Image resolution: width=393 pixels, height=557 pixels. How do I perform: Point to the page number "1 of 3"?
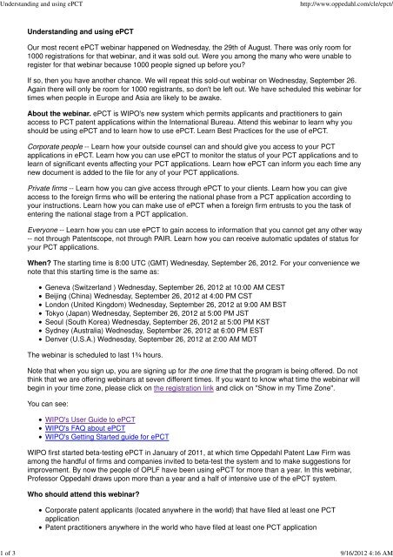[x=13, y=550]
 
